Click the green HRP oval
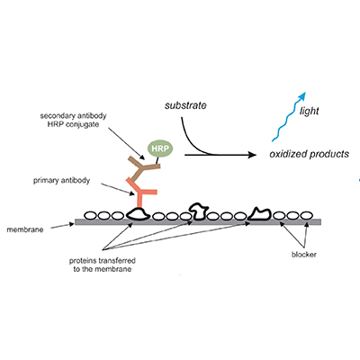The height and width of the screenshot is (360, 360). [160, 148]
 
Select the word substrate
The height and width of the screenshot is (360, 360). [185, 105]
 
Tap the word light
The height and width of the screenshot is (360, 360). [309, 111]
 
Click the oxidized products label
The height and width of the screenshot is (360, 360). [310, 154]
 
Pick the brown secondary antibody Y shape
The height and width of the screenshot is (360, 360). [143, 168]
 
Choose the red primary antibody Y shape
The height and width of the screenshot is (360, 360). [141, 193]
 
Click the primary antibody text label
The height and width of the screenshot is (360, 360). [61, 181]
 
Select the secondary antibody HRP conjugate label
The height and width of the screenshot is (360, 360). [73, 120]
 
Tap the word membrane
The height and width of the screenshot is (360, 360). [25, 230]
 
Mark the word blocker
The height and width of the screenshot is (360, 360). [304, 255]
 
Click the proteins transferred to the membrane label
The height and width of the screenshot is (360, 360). [103, 265]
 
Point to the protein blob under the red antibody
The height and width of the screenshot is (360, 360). [138, 213]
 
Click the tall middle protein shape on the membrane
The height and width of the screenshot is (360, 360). [198, 211]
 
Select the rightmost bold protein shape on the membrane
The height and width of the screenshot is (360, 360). [259, 214]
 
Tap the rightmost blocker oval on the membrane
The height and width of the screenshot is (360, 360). [306, 215]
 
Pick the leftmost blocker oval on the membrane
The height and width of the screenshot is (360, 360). [90, 215]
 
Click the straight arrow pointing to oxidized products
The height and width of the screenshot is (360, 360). [220, 155]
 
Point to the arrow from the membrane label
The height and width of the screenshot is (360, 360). [62, 226]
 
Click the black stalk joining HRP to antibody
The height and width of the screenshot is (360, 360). [157, 160]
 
